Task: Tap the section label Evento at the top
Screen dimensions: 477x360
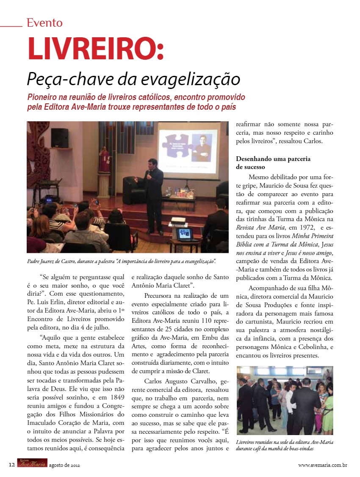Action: pos(44,22)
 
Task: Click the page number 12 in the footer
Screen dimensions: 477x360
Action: pos(12,465)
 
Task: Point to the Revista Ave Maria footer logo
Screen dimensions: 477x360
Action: pos(32,464)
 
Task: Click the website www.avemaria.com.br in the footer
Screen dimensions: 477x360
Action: pos(323,465)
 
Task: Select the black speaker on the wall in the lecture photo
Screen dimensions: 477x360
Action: pos(59,137)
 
